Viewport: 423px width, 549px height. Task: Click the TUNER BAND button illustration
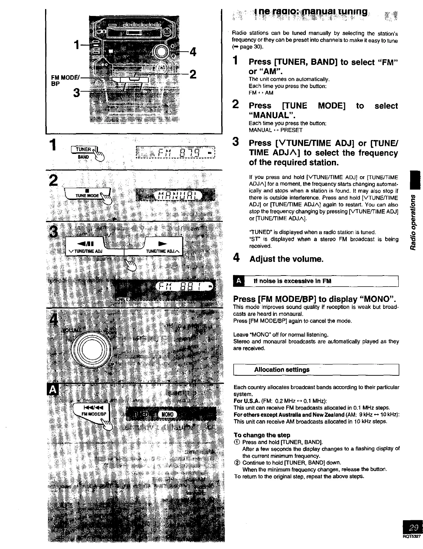[84, 152]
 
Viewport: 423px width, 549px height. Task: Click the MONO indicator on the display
[167, 415]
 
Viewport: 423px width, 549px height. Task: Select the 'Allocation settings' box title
[282, 369]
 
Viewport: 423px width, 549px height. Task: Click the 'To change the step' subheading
[262, 435]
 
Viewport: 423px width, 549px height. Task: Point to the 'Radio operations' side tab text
[413, 222]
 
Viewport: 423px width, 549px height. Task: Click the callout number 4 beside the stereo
[193, 52]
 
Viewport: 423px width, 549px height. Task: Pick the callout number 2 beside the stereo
[193, 74]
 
